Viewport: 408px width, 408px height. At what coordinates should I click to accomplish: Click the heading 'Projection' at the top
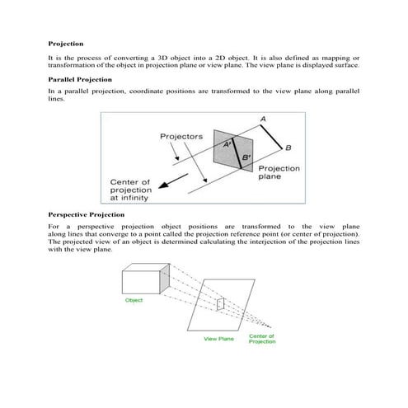click(x=66, y=44)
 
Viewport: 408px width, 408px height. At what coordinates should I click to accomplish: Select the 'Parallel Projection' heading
click(x=80, y=80)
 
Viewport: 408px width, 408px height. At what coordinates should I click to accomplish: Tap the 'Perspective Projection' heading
click(x=87, y=214)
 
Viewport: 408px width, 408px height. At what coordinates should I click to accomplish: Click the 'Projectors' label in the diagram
click(x=181, y=137)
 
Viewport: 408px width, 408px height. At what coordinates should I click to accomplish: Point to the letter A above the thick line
click(x=263, y=119)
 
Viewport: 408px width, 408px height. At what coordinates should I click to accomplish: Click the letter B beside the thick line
click(x=288, y=148)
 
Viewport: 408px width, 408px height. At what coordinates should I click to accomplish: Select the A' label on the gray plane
click(x=227, y=144)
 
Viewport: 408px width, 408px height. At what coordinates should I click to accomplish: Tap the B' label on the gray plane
click(x=246, y=157)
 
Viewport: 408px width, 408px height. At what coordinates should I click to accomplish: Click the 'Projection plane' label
click(x=279, y=172)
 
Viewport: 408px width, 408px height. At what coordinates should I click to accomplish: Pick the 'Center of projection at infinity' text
click(x=131, y=190)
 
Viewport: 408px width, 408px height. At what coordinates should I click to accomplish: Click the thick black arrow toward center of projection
click(x=173, y=181)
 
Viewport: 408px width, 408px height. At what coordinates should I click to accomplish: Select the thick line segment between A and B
click(x=271, y=137)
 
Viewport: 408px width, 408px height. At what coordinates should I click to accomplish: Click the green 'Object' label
click(x=134, y=300)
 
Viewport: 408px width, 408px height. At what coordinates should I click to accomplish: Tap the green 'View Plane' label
click(x=218, y=339)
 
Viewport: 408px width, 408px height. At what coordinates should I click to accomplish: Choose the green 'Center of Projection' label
click(x=262, y=339)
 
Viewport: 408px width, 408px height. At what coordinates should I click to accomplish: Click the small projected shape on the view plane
click(x=220, y=304)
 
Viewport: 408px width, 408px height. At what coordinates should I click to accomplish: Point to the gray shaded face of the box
click(x=165, y=279)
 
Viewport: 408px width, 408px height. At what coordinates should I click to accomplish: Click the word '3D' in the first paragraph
click(x=164, y=58)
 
